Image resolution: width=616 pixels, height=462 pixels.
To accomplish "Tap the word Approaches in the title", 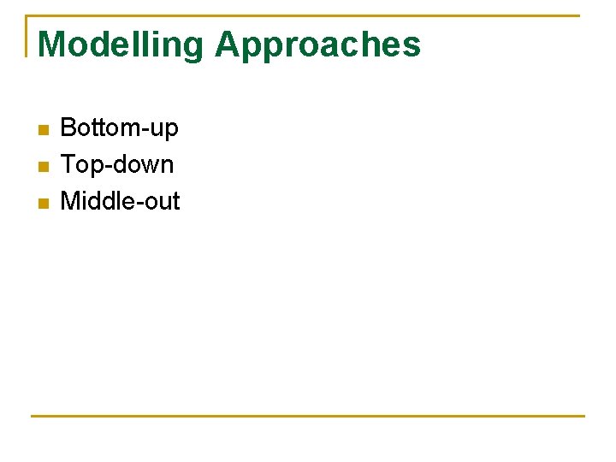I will (317, 45).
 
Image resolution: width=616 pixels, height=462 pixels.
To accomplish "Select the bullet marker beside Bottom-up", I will (44, 130).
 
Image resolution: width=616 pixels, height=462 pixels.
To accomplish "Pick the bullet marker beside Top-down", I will (44, 167).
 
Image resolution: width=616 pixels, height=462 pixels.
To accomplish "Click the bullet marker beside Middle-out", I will (44, 204).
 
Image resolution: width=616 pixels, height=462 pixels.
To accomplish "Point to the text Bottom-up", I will (119, 128).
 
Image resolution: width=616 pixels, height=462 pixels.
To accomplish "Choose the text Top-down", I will (116, 164).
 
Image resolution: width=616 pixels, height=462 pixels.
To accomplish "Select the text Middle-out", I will (120, 201).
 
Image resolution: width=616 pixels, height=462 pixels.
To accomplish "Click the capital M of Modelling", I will (52, 44).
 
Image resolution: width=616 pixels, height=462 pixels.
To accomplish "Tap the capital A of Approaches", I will (229, 44).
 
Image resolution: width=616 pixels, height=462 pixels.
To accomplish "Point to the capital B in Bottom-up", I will (68, 128).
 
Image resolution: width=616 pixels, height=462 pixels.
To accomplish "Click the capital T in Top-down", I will (68, 164).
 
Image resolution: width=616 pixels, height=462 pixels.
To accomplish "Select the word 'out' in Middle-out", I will (161, 201).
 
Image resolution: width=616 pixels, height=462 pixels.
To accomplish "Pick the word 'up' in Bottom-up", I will (164, 130).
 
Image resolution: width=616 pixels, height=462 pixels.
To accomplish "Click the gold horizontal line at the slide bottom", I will (308, 417).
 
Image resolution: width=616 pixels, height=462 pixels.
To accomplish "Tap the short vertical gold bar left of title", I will (27, 36).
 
